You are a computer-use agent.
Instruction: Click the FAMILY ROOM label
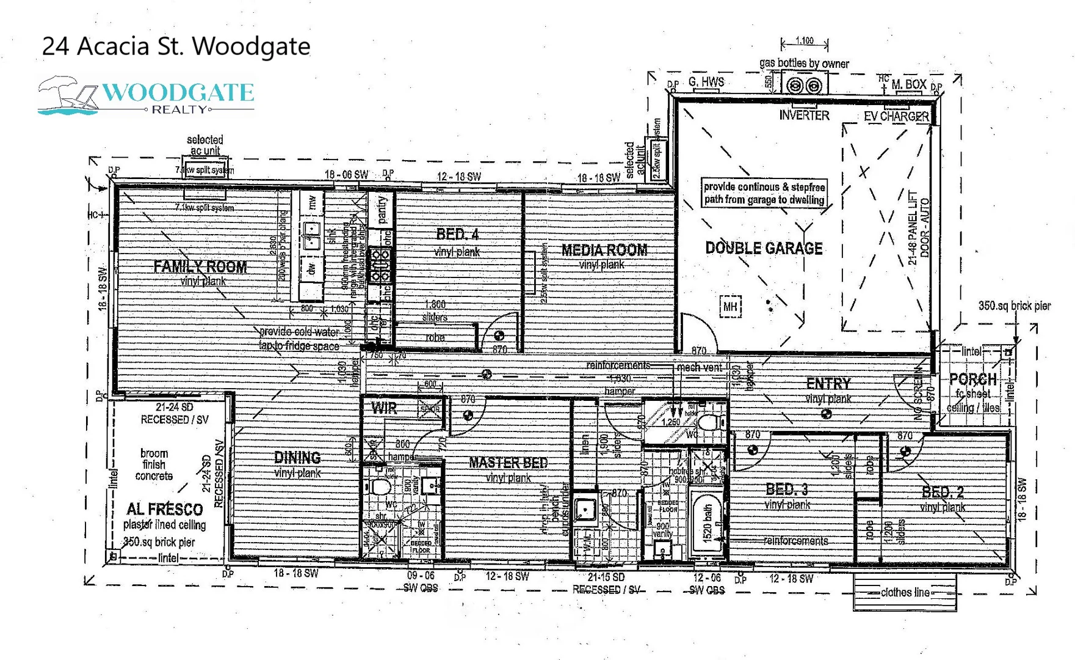pos(200,267)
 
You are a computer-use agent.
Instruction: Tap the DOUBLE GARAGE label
pos(764,248)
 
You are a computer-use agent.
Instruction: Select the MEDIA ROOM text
pos(604,250)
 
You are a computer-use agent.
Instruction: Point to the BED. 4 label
pos(457,234)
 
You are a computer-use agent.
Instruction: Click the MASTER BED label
pos(508,463)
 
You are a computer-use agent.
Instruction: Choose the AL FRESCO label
pos(164,509)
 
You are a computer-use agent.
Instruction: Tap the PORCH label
pos(972,380)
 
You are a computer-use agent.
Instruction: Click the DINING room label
pos(297,458)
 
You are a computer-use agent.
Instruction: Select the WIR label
pos(384,408)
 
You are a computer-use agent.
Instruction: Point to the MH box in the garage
pos(730,306)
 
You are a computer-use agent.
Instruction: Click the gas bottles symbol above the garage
pos(805,86)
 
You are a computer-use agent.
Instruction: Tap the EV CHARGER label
pos(896,116)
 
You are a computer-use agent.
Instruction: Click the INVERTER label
pos(804,115)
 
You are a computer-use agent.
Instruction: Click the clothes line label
pos(905,592)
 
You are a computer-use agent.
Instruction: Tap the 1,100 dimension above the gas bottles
pos(805,41)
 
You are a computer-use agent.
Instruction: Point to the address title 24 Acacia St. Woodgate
pos(176,46)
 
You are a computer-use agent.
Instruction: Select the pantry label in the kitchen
pos(383,210)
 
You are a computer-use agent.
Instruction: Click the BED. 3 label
pos(787,490)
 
